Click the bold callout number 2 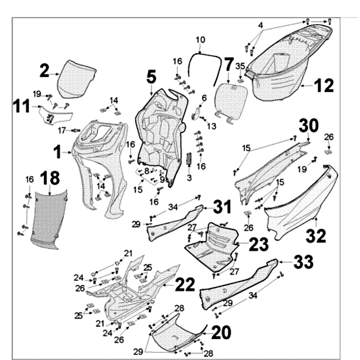pyautogui.click(x=44, y=71)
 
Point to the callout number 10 pyautogui.click(x=200, y=40)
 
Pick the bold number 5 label pyautogui.click(x=151, y=77)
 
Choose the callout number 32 pyautogui.click(x=316, y=236)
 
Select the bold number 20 pyautogui.click(x=221, y=333)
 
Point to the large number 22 pyautogui.click(x=185, y=284)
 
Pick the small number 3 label pyautogui.click(x=189, y=178)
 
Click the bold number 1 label pyautogui.click(x=58, y=153)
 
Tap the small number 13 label pyautogui.click(x=211, y=127)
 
